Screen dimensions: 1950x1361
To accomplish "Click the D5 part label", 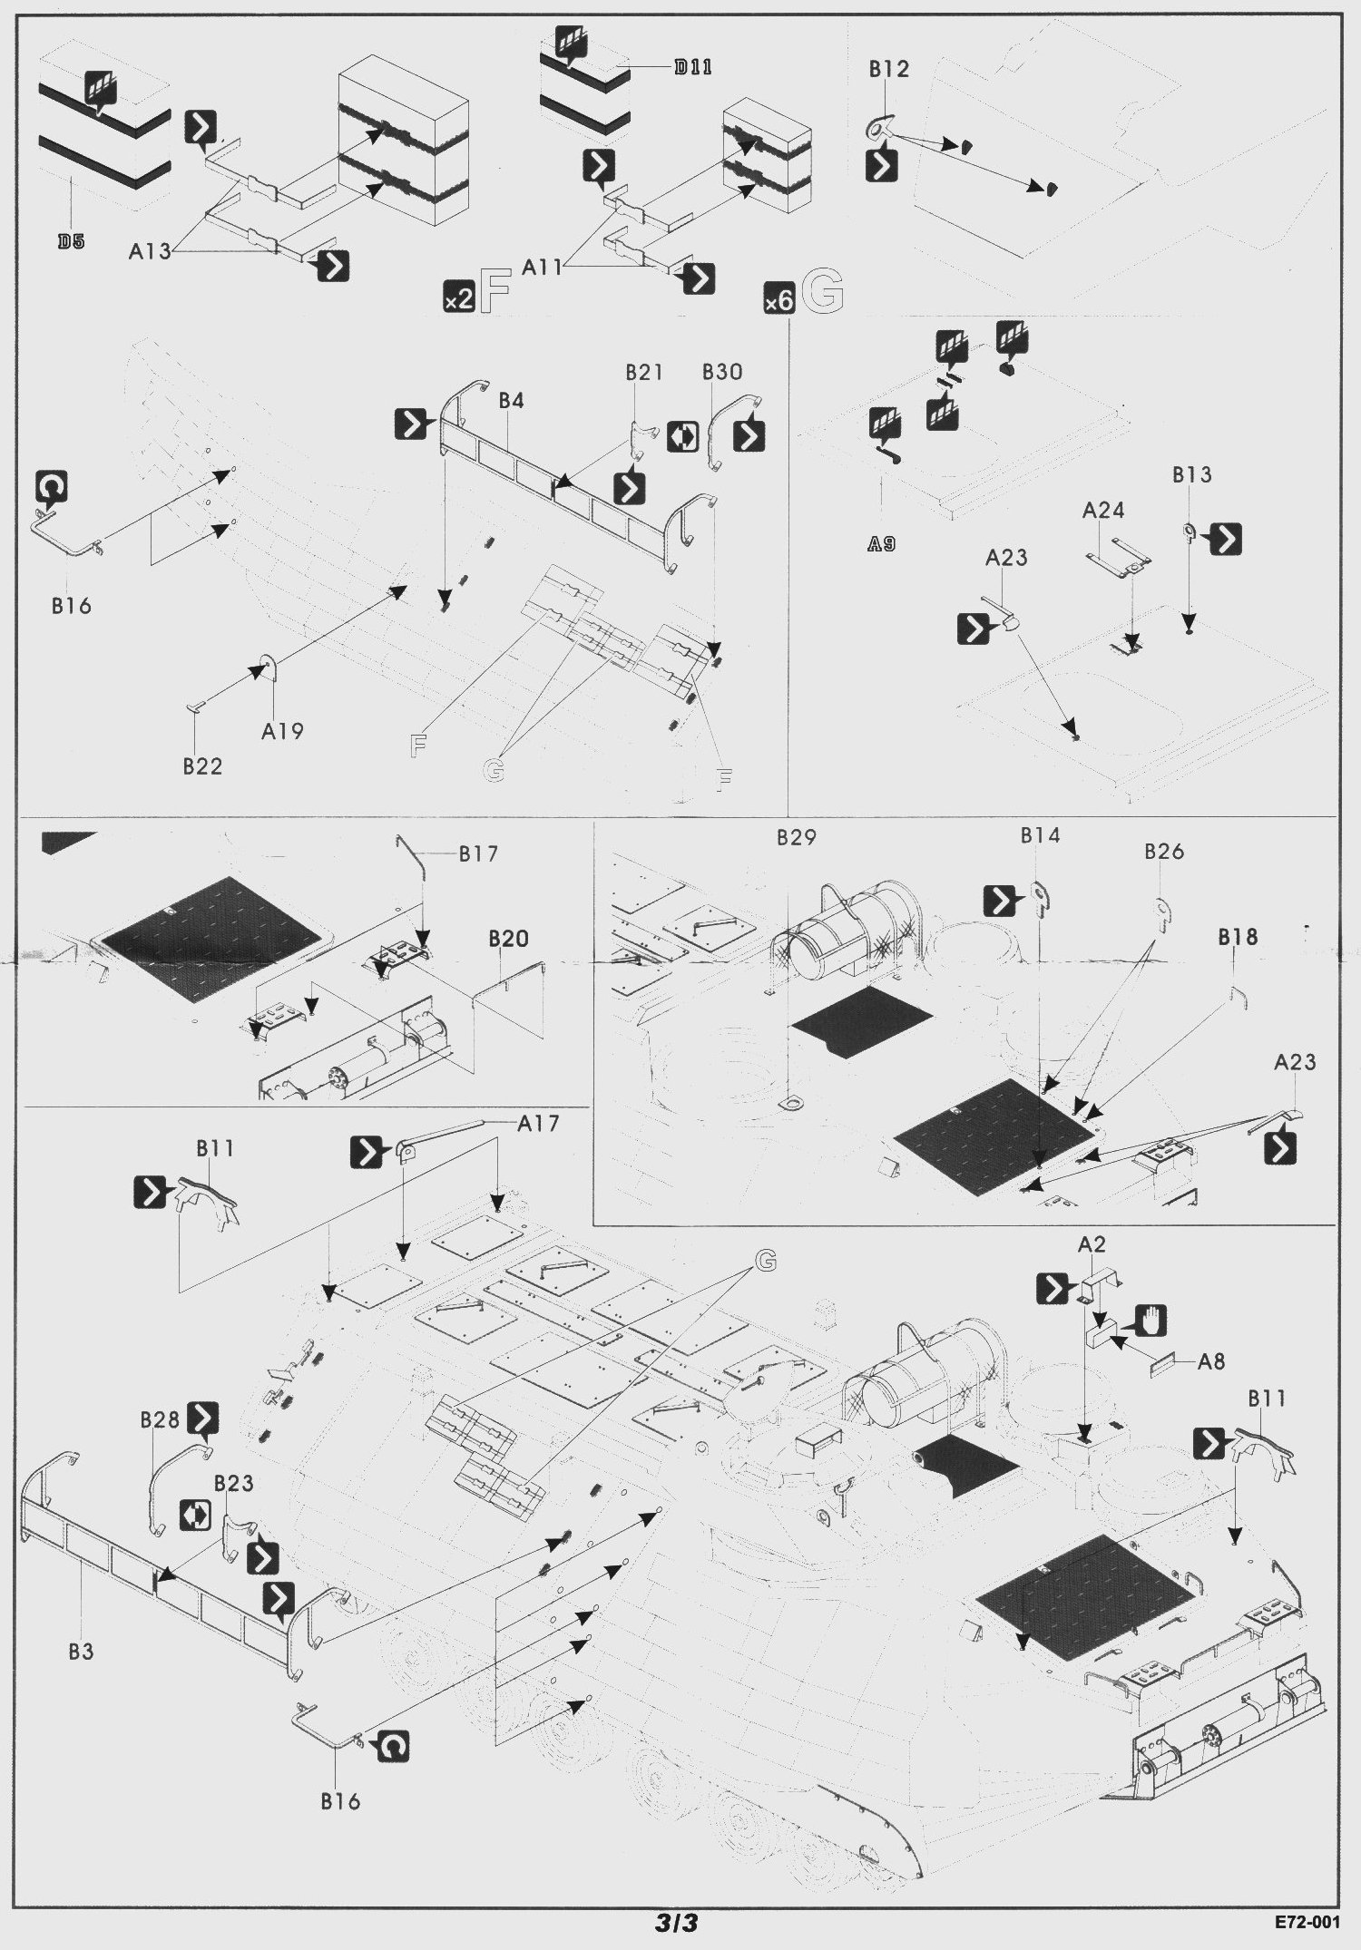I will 71,242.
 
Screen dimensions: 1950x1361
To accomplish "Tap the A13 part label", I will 150,252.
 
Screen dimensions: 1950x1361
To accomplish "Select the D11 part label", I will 693,67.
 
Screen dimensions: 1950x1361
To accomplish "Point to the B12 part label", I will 888,69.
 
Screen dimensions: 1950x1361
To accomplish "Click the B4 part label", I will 511,401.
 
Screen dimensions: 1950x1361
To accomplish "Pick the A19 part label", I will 282,730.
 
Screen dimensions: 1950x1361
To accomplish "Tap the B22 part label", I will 202,766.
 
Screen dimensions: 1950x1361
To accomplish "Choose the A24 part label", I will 1103,511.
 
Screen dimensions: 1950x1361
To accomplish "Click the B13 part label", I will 1191,474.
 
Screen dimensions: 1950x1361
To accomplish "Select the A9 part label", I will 881,544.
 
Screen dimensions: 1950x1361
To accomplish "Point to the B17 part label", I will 478,853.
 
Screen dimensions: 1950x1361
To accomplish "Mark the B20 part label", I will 508,939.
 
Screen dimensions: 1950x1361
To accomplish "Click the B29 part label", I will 797,837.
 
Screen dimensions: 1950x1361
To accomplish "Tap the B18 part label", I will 1238,937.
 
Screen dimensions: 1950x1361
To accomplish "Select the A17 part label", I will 538,1123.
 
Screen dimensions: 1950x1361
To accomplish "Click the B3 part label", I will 81,1652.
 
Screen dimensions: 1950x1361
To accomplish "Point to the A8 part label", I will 1211,1360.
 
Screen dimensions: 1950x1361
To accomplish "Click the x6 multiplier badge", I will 779,300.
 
